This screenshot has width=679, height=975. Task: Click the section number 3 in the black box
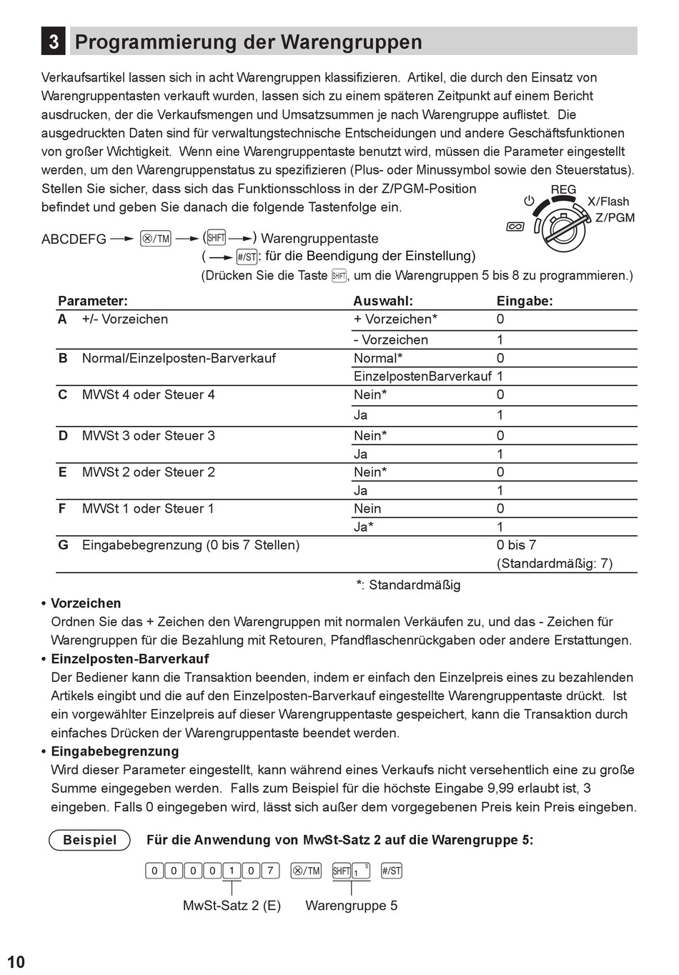[54, 42]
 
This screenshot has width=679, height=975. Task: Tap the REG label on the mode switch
[563, 190]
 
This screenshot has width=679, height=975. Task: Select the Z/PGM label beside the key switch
[615, 217]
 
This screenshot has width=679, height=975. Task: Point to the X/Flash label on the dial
[608, 202]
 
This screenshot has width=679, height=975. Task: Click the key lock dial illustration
[562, 227]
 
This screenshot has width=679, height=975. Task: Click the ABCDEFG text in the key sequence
[74, 239]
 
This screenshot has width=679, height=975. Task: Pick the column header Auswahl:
[383, 301]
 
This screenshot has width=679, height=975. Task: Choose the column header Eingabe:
[525, 301]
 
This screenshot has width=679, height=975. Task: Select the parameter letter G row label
[64, 545]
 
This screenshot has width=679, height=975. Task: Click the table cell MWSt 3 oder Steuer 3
[148, 436]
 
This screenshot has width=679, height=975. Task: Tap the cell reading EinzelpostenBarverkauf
[422, 377]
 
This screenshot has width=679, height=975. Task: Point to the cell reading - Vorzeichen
[391, 340]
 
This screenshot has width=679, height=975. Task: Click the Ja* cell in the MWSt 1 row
[364, 528]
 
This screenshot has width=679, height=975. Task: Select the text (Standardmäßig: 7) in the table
[555, 563]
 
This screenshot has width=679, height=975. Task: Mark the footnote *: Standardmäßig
[408, 585]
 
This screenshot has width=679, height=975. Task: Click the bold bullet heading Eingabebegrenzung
[115, 751]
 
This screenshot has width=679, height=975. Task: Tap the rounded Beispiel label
[89, 840]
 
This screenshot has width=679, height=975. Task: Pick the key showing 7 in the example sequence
[270, 871]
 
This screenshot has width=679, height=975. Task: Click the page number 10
[16, 962]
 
